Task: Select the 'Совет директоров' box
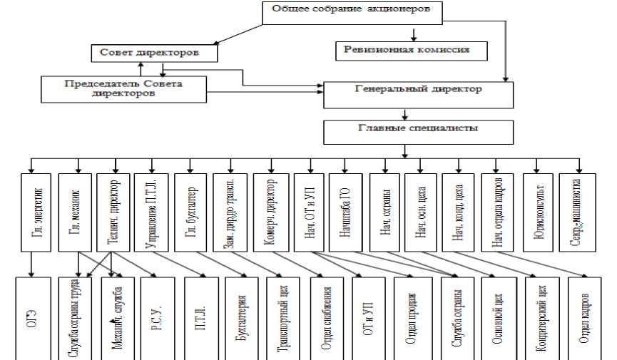click(154, 53)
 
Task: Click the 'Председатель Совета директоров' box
click(123, 88)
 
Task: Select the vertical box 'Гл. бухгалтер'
click(191, 212)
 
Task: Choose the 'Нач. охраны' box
click(384, 212)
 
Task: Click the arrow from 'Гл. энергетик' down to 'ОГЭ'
click(32, 264)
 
